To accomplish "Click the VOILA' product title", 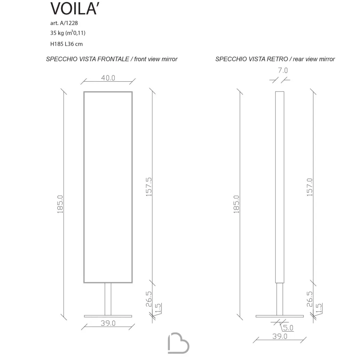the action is tap(75, 9).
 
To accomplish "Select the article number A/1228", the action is tap(69, 23).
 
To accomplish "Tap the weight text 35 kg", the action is tap(57, 33).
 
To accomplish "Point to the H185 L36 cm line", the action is tap(66, 44).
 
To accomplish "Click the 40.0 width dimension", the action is tap(108, 78).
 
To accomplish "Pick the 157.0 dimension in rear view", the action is tap(310, 187).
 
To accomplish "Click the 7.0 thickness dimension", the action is tap(283, 70).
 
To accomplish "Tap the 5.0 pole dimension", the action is tap(288, 328).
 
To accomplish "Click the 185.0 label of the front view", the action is tap(60, 204).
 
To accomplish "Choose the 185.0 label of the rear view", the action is tap(236, 204).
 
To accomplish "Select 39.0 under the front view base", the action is tap(108, 323).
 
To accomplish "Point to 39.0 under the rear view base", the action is tap(280, 336).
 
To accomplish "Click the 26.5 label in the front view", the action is tap(149, 299).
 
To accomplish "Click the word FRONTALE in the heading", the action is tap(113, 59).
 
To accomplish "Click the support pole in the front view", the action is tap(108, 299).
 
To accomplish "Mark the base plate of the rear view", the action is tap(280, 316).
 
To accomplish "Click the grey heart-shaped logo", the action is tap(179, 343).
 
